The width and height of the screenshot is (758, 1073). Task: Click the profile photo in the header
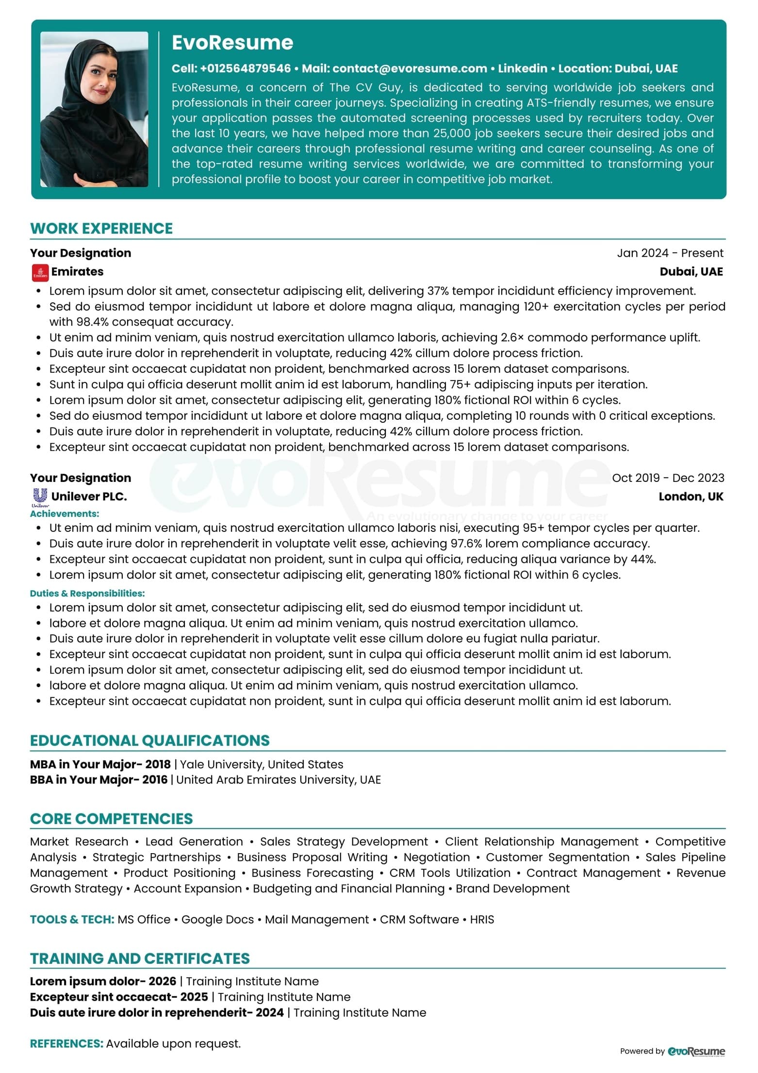click(94, 109)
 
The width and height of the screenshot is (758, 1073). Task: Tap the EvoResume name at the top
click(232, 43)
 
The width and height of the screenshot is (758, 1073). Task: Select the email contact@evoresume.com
click(410, 68)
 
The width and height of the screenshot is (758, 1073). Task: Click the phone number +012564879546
click(245, 68)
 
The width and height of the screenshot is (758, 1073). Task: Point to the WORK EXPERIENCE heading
click(101, 228)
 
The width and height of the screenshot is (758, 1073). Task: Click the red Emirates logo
click(40, 272)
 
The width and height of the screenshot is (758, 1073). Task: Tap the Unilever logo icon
click(40, 496)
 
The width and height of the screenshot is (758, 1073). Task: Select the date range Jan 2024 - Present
click(670, 253)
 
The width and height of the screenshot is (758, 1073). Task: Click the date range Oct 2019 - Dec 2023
click(668, 478)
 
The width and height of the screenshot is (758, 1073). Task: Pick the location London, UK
click(691, 496)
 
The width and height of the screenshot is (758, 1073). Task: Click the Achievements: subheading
click(65, 513)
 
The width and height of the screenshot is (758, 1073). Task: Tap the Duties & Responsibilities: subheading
click(87, 593)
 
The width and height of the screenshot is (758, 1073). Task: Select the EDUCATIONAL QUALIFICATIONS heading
click(150, 740)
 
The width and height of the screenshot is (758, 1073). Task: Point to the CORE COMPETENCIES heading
click(112, 818)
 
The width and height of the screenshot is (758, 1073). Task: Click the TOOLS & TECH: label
click(72, 919)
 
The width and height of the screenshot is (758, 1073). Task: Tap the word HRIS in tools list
click(482, 919)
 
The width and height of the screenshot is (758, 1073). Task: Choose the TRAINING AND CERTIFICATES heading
click(140, 958)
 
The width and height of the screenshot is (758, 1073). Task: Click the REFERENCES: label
click(66, 1043)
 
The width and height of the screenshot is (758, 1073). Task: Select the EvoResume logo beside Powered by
click(696, 1051)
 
